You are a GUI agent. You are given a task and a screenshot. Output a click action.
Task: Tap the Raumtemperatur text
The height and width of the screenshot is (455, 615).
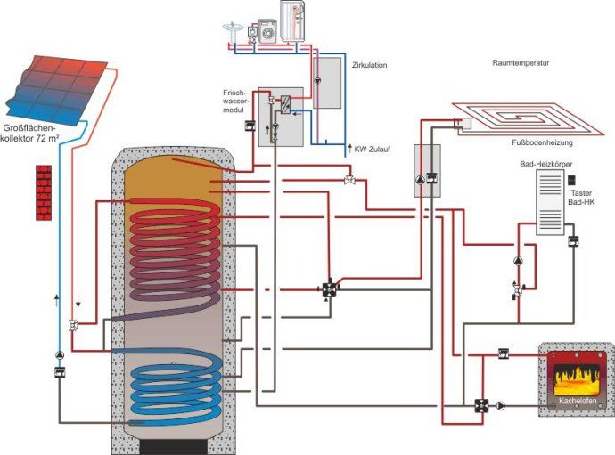520,64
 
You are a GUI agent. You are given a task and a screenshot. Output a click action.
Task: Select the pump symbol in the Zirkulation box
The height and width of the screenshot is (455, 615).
317,80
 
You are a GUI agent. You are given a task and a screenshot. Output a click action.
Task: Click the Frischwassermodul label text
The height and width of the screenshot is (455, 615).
240,103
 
